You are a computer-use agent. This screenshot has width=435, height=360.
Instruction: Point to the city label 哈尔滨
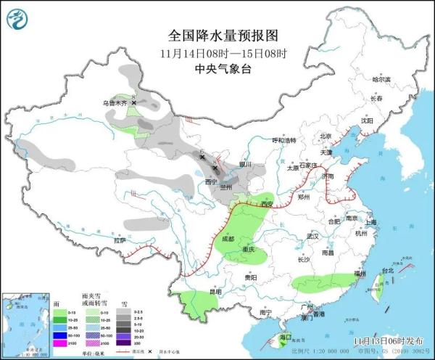(x=381, y=79)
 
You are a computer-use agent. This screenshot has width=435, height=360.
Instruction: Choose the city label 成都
(x=228, y=238)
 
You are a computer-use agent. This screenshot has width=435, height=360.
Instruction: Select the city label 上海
(x=371, y=222)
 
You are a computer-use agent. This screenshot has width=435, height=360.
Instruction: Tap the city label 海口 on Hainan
(x=285, y=337)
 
